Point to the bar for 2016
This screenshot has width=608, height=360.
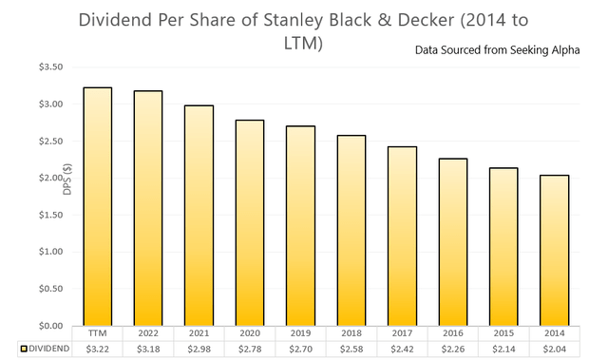[452, 241]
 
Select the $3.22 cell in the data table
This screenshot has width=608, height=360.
[98, 350]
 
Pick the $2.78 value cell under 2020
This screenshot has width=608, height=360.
[250, 350]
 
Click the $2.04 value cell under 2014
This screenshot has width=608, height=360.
[554, 350]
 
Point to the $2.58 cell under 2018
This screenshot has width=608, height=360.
[351, 350]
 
